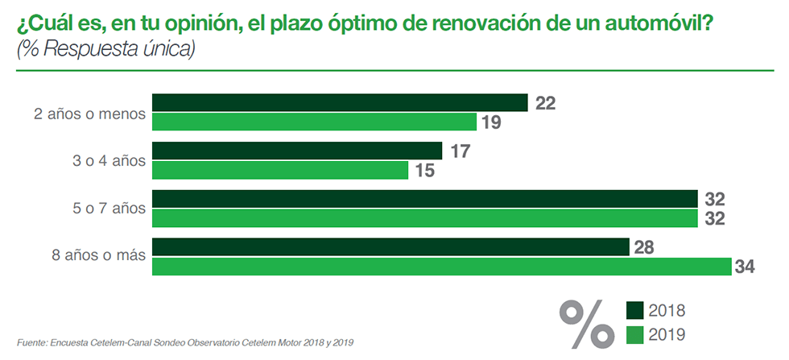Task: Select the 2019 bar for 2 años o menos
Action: click(315, 122)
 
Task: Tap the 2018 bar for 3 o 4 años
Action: click(297, 151)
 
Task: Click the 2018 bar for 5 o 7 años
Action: click(424, 199)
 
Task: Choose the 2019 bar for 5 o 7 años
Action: click(424, 218)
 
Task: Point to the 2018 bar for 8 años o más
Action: click(390, 247)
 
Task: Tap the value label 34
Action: click(747, 267)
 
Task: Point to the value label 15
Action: click(424, 170)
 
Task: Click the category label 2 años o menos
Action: click(89, 113)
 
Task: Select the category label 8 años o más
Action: click(97, 256)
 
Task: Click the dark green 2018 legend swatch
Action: click(636, 310)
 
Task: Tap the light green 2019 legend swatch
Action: click(636, 333)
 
